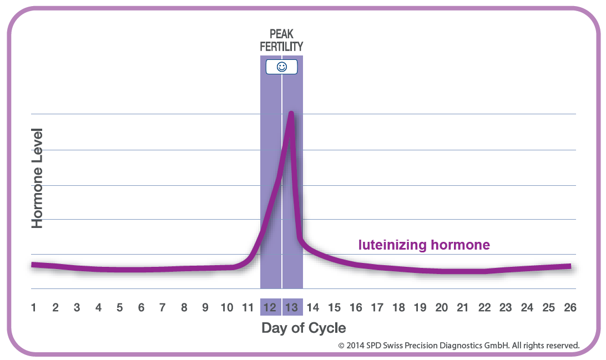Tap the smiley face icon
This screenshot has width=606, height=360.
pyautogui.click(x=281, y=67)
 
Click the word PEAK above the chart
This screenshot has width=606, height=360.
pyautogui.click(x=281, y=35)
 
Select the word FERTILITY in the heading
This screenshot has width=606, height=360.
pyautogui.click(x=281, y=47)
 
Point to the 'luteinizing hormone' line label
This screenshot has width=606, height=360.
pyautogui.click(x=424, y=245)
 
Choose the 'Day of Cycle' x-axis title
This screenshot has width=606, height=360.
pyautogui.click(x=304, y=328)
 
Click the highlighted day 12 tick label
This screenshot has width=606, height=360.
pyautogui.click(x=270, y=307)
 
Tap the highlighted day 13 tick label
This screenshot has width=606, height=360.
pyautogui.click(x=292, y=307)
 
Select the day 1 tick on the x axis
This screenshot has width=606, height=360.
pyautogui.click(x=34, y=307)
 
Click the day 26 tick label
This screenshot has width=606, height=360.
pyautogui.click(x=569, y=307)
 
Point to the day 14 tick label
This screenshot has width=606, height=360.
pyautogui.click(x=312, y=307)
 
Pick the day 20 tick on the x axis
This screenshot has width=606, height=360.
pyautogui.click(x=441, y=307)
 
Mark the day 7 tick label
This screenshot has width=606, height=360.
pyautogui.click(x=163, y=307)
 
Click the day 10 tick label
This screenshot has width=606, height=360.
pyautogui.click(x=226, y=307)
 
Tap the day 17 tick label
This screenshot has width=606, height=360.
pyautogui.click(x=377, y=307)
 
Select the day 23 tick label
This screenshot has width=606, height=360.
pyautogui.click(x=506, y=307)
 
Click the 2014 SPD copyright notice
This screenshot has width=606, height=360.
pyautogui.click(x=459, y=345)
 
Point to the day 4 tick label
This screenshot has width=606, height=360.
pyautogui.click(x=98, y=307)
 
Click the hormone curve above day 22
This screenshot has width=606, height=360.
pyautogui.click(x=484, y=271)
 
